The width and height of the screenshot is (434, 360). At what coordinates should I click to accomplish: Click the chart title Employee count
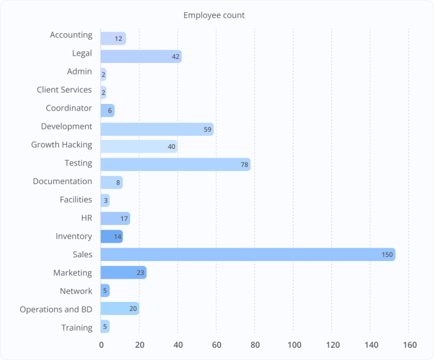click(214, 15)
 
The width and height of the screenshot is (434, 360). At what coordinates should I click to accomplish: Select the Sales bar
click(248, 254)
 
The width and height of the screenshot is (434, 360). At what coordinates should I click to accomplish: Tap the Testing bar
click(175, 163)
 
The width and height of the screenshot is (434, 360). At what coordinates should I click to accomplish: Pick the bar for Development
click(157, 129)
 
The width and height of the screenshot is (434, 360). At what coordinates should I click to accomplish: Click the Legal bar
click(141, 57)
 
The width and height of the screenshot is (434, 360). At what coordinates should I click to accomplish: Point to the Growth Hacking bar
click(139, 146)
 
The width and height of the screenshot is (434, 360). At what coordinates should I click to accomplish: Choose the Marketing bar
click(123, 273)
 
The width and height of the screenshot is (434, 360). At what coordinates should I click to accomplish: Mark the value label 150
click(387, 254)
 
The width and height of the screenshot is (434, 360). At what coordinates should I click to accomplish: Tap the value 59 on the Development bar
click(207, 129)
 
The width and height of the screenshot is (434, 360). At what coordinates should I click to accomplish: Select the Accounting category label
click(71, 35)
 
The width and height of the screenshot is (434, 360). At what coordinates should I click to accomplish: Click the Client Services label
click(64, 90)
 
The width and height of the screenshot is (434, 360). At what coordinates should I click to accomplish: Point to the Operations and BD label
click(56, 309)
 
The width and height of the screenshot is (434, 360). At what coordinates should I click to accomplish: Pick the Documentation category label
click(62, 182)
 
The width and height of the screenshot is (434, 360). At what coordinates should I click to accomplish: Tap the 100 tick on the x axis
click(295, 345)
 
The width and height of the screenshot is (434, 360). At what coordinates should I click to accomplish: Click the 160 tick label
click(410, 345)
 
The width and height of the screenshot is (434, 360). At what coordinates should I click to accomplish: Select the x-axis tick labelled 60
click(217, 345)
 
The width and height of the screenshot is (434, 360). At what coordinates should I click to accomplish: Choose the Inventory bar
click(111, 237)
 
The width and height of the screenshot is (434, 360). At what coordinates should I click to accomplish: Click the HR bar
click(115, 218)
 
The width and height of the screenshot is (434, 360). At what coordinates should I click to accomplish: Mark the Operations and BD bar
click(120, 309)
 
